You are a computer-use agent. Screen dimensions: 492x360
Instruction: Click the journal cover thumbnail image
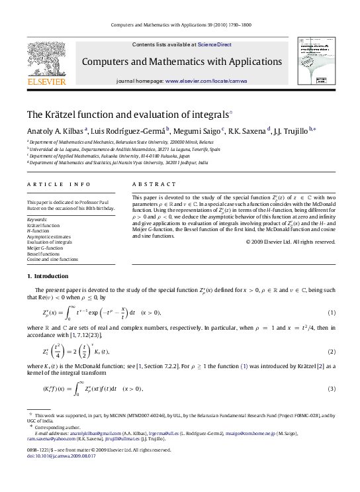(x=314, y=60)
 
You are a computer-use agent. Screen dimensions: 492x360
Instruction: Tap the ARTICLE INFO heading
(x=50, y=184)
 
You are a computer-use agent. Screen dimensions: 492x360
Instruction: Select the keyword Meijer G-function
(x=44, y=247)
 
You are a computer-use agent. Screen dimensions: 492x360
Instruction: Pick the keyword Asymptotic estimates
(x=47, y=236)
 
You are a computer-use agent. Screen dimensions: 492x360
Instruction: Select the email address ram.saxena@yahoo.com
(x=48, y=438)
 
